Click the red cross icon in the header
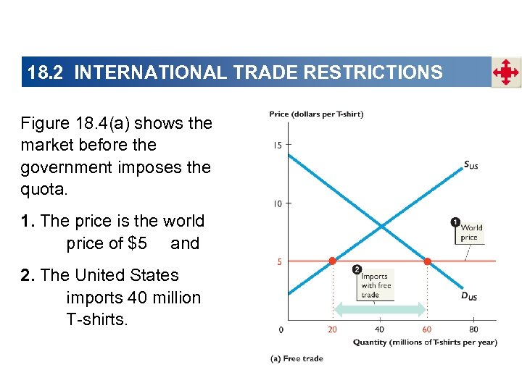point(506,72)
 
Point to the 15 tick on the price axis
point(278,146)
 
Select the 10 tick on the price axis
point(278,203)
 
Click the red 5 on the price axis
point(280,261)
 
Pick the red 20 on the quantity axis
point(332,329)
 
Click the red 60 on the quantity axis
point(427,329)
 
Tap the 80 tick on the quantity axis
point(473,329)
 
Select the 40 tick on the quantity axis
point(379,329)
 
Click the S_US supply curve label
point(471,165)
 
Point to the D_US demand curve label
point(470,296)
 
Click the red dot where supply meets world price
point(332,261)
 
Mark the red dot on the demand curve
point(427,261)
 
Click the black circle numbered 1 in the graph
point(455,222)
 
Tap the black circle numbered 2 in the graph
point(357,270)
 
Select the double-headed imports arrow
point(379,309)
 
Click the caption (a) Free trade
point(297,358)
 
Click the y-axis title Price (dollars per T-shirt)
point(316,114)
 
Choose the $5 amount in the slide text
point(137,243)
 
